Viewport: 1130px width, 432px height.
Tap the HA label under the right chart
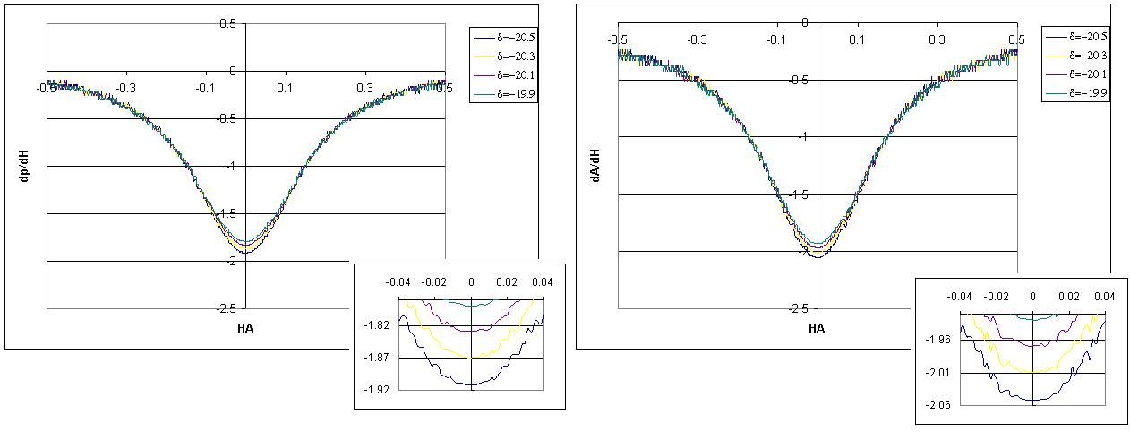pyautogui.click(x=817, y=328)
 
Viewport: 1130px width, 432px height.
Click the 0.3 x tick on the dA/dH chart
pyautogui.click(x=937, y=40)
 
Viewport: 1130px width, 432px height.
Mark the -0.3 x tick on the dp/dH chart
pyautogui.click(x=128, y=88)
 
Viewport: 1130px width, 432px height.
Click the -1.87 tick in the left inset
pyautogui.click(x=378, y=358)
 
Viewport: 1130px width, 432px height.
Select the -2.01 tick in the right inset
pyautogui.click(x=938, y=373)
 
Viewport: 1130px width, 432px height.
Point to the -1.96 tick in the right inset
pyautogui.click(x=938, y=341)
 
